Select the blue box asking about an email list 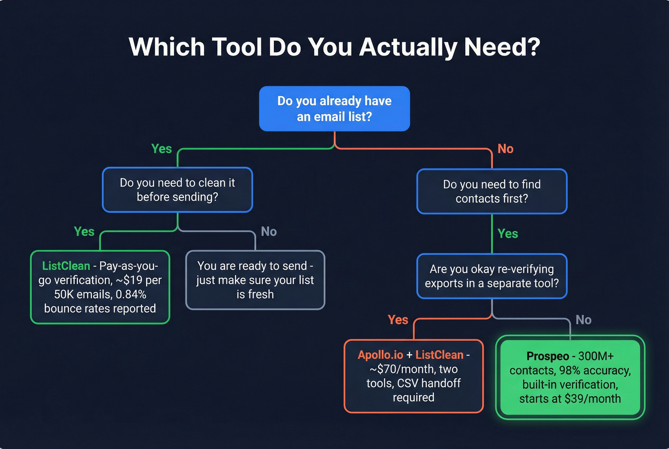click(x=334, y=109)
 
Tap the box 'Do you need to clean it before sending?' click(x=177, y=190)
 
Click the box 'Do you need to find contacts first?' click(x=492, y=191)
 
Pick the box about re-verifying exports click(x=492, y=276)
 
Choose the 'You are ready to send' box click(x=255, y=280)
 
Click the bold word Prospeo click(x=548, y=356)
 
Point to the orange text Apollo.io click(x=380, y=355)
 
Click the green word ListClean click(x=66, y=266)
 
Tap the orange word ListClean click(x=439, y=355)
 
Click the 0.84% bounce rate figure click(x=131, y=294)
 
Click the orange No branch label click(x=505, y=149)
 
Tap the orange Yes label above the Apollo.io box click(x=398, y=320)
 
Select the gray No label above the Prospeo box click(x=583, y=320)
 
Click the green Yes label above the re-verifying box click(x=507, y=234)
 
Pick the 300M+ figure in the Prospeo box click(x=596, y=356)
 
